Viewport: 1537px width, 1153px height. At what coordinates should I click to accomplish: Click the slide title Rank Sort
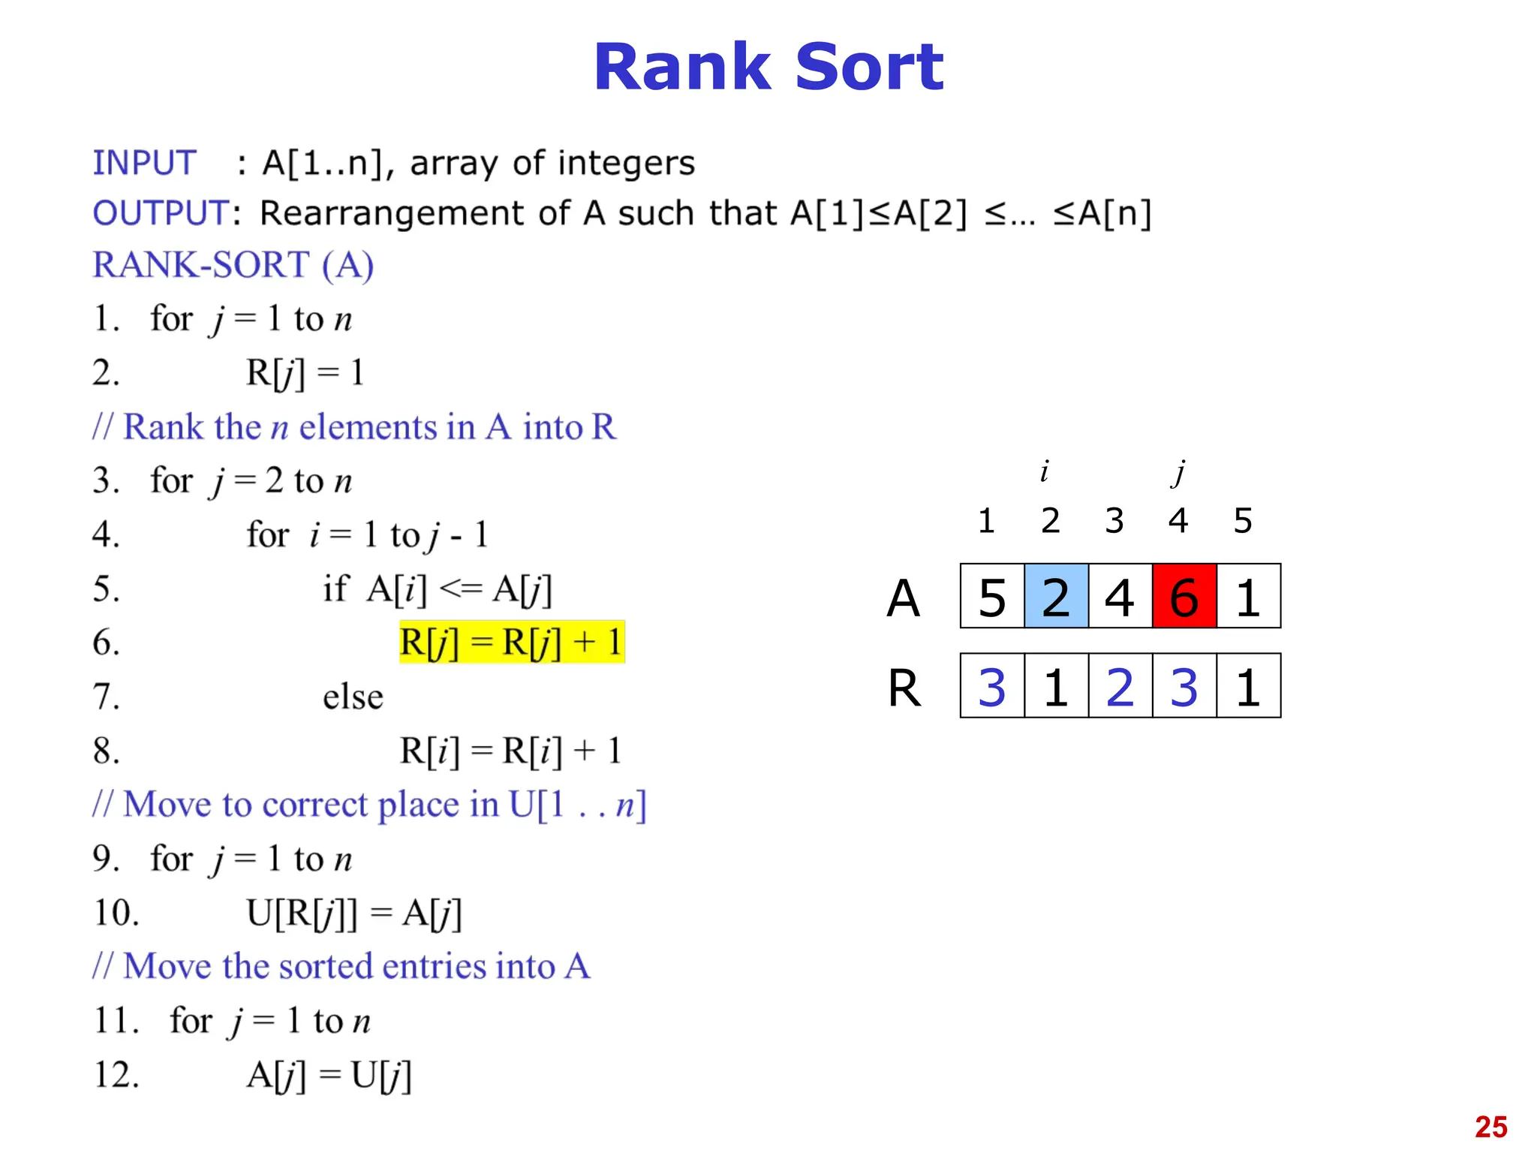(768, 68)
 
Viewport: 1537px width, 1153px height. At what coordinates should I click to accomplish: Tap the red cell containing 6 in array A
(1184, 596)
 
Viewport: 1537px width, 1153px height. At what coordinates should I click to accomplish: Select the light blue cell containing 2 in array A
(1056, 596)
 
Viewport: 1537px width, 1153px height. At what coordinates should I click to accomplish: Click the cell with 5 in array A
(992, 596)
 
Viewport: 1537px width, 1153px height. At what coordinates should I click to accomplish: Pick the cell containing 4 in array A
(1120, 596)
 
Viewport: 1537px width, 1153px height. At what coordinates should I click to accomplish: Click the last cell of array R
(1248, 686)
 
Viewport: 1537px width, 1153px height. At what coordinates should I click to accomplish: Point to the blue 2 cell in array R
(1120, 686)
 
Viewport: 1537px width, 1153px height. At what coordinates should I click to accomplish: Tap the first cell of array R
(992, 686)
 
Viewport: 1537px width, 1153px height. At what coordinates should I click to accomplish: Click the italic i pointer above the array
(1044, 471)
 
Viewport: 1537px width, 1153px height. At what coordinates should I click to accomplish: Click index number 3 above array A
(1114, 520)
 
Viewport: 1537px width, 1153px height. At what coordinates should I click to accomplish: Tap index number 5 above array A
(1243, 520)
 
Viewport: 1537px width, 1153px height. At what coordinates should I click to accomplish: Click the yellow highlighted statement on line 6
(511, 643)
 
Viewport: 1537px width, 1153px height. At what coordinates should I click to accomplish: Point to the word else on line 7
(353, 697)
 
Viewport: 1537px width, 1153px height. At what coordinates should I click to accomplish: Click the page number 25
(1490, 1127)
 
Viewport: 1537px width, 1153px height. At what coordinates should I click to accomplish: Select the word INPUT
(144, 163)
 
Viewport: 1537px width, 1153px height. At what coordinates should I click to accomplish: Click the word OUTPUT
(161, 213)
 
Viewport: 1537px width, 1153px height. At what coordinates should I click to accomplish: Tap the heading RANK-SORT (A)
(233, 265)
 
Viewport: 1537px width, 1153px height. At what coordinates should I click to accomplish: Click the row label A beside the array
(903, 598)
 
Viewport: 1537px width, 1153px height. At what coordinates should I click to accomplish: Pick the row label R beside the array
(904, 688)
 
